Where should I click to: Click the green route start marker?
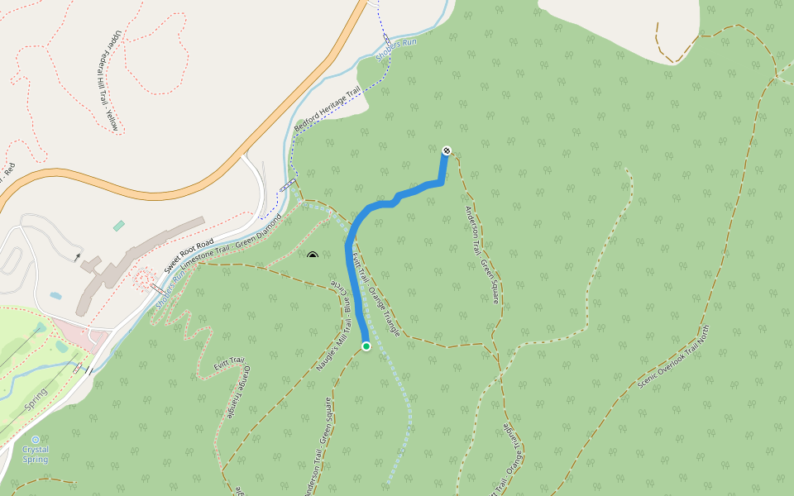pyautogui.click(x=366, y=346)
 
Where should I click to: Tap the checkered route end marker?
pyautogui.click(x=447, y=150)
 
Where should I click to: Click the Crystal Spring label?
pyautogui.click(x=35, y=454)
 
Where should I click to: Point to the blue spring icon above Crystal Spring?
pyautogui.click(x=35, y=439)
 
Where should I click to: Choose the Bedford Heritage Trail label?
pyautogui.click(x=328, y=109)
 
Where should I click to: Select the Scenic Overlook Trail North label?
pyautogui.click(x=674, y=358)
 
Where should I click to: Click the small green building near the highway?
pyautogui.click(x=119, y=225)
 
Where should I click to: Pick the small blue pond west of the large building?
pyautogui.click(x=55, y=295)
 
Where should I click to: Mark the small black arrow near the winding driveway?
pyautogui.click(x=78, y=257)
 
